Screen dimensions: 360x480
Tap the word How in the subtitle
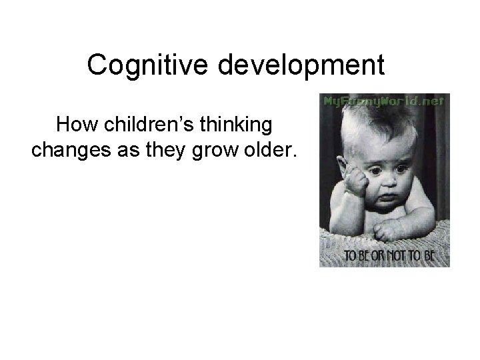pyautogui.click(x=74, y=125)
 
